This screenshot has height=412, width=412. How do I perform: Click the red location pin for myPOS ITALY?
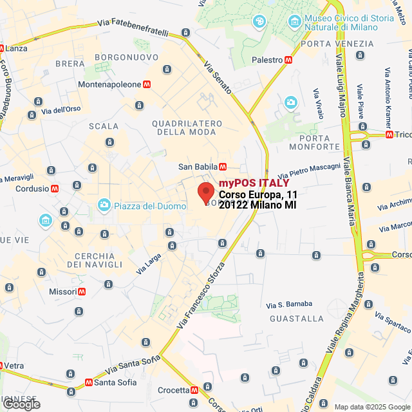(x=205, y=192)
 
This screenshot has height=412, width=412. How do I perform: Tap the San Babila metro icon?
(x=223, y=167)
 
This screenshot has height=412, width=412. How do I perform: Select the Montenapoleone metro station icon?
(x=147, y=84)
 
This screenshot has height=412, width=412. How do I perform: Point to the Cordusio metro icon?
(x=55, y=189)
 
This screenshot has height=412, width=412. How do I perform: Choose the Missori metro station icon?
(x=82, y=292)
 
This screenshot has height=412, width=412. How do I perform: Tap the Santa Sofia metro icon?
(x=88, y=382)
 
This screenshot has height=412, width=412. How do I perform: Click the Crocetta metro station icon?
(x=194, y=390)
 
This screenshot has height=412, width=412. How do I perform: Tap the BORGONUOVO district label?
(x=126, y=57)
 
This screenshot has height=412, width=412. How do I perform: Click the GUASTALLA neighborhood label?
(x=297, y=318)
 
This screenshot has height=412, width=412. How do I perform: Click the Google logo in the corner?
(x=22, y=404)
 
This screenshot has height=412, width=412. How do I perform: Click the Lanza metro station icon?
(x=2, y=48)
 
